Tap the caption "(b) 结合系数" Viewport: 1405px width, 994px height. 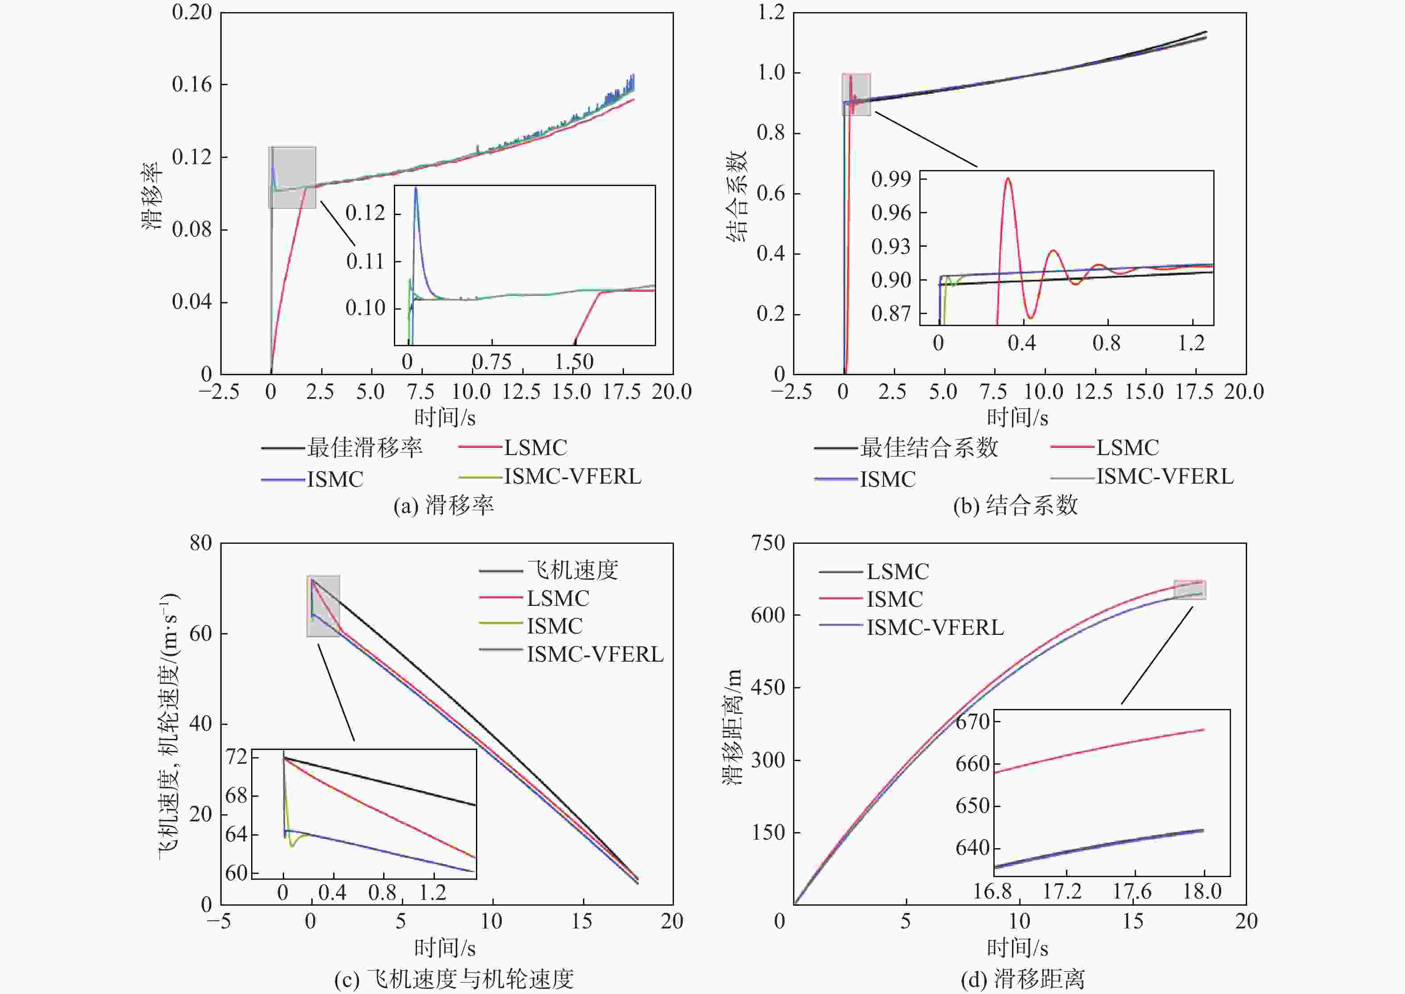pyautogui.click(x=1015, y=505)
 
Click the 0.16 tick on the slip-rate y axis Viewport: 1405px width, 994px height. pyautogui.click(x=191, y=84)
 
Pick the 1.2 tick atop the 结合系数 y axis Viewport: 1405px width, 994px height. pyautogui.click(x=771, y=12)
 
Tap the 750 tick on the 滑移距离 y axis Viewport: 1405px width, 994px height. pyautogui.click(x=768, y=543)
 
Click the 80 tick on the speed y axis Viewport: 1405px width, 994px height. pyautogui.click(x=201, y=543)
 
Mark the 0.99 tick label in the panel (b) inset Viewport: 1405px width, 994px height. pyautogui.click(x=891, y=179)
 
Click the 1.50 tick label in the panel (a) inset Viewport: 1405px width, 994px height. pyautogui.click(x=574, y=362)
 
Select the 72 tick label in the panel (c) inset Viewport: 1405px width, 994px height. pyautogui.click(x=237, y=757)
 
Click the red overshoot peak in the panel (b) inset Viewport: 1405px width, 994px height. pyautogui.click(x=1008, y=179)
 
